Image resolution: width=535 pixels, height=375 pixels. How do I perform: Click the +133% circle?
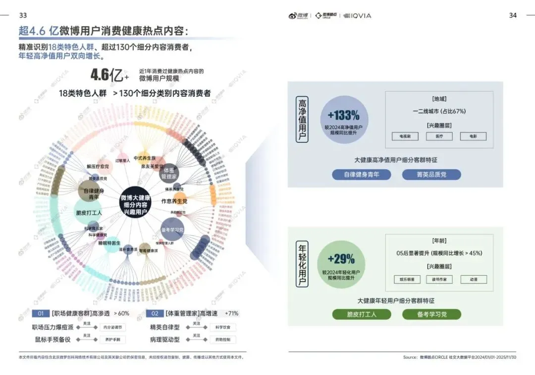[343, 120]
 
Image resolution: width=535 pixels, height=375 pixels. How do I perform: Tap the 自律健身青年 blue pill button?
[362, 175]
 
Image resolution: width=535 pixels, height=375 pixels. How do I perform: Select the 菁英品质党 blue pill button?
[431, 175]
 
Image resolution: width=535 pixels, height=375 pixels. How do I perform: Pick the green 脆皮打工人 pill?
[362, 314]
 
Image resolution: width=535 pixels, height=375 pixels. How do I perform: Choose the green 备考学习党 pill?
[431, 314]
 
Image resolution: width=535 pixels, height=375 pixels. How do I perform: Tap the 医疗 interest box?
[439, 136]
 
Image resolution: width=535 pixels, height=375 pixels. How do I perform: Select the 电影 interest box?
[473, 136]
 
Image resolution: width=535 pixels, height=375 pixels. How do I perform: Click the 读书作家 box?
[439, 280]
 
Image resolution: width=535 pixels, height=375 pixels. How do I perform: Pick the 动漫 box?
[474, 280]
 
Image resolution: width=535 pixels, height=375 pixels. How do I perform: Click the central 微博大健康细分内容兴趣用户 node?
[136, 205]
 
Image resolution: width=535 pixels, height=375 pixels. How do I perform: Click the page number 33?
[23, 15]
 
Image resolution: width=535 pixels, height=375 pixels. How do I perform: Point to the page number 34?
[513, 15]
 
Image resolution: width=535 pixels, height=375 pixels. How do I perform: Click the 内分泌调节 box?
[112, 327]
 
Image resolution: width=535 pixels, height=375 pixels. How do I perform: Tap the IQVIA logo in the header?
[357, 16]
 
